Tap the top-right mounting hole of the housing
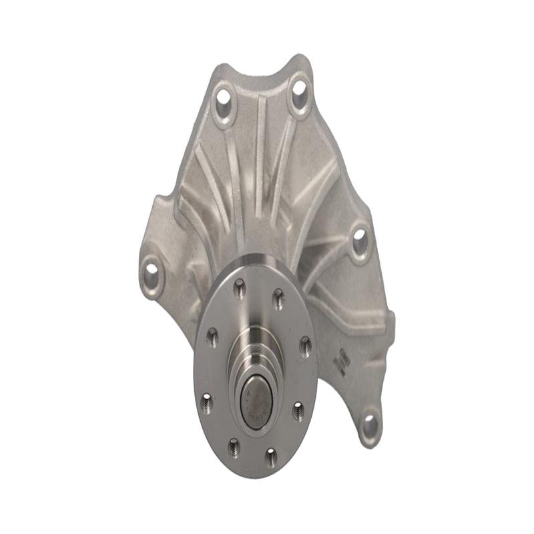[298, 88]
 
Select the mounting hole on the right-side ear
[360, 240]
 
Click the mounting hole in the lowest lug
[369, 423]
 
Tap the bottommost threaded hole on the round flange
[270, 457]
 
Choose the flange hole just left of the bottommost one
[233, 445]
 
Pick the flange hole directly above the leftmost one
[212, 336]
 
